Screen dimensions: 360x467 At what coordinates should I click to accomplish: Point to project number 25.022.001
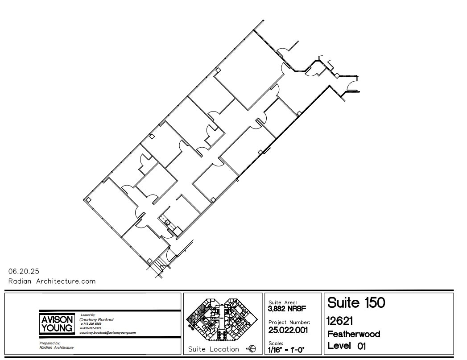click(289, 330)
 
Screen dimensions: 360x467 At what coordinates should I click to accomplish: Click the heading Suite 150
click(356, 303)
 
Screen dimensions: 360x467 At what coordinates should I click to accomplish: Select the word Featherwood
click(354, 334)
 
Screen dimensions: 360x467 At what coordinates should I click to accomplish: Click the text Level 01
click(347, 346)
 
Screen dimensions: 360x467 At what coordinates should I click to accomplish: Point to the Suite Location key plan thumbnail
click(223, 318)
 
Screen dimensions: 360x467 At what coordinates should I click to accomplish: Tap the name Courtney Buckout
click(95, 319)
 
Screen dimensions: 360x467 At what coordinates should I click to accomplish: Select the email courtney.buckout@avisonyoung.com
click(107, 333)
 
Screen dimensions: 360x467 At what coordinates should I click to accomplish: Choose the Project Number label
click(289, 322)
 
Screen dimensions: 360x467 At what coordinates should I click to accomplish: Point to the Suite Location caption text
click(214, 349)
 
